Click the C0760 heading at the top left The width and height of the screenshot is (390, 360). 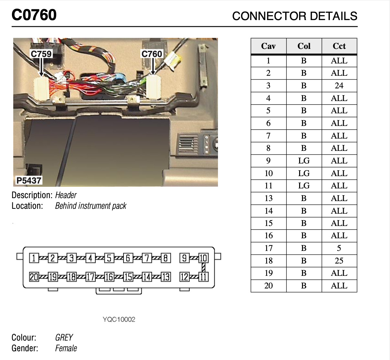[x=34, y=15]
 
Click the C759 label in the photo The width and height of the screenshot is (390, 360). [x=41, y=54]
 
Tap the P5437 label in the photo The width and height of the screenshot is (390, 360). [x=29, y=180]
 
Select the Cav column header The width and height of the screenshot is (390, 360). [x=268, y=46]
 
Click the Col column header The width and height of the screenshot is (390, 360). [x=304, y=46]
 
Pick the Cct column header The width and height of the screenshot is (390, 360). [x=339, y=46]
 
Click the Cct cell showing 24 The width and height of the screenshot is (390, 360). [x=339, y=86]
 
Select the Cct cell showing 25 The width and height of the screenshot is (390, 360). [x=339, y=261]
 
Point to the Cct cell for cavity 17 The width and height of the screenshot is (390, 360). [x=339, y=248]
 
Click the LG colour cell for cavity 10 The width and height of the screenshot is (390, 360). [x=304, y=173]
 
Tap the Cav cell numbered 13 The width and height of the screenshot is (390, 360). [x=268, y=198]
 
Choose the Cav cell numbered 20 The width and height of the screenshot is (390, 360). [x=268, y=286]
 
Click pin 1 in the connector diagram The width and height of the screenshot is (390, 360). [x=33, y=258]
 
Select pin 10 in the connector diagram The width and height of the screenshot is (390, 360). [x=203, y=258]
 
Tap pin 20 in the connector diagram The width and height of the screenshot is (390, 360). [x=34, y=277]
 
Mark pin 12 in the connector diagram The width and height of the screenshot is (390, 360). [x=184, y=277]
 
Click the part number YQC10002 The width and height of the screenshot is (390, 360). [x=119, y=320]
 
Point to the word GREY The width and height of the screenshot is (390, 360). [x=64, y=338]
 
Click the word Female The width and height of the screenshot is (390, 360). [x=66, y=348]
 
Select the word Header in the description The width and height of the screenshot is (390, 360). [x=66, y=195]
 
